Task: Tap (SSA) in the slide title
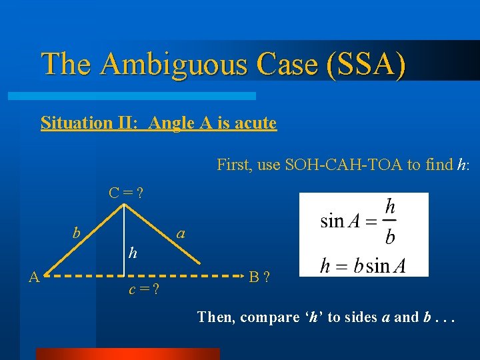pyautogui.click(x=365, y=64)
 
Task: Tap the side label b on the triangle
pyautogui.click(x=77, y=233)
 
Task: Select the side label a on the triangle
pyautogui.click(x=181, y=233)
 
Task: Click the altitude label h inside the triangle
pyautogui.click(x=133, y=253)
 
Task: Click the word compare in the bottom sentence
pyautogui.click(x=269, y=317)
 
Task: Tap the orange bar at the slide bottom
pyautogui.click(x=127, y=353)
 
